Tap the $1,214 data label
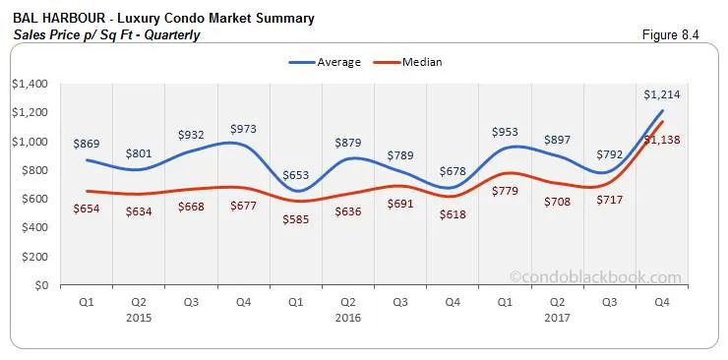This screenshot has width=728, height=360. point(662,94)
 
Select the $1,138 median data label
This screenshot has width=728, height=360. point(662,140)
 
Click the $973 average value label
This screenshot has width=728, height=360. point(243,129)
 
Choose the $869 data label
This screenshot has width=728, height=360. point(89,143)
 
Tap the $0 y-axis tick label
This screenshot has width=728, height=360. point(39,286)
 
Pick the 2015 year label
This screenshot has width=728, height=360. point(139,318)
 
